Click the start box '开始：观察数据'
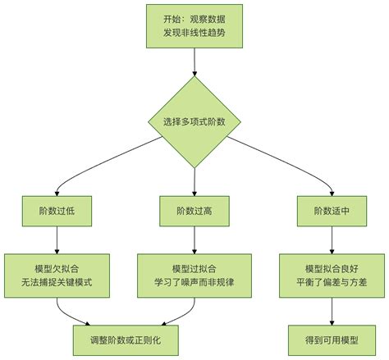(x=194, y=25)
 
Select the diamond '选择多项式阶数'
(x=194, y=121)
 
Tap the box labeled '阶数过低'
(x=57, y=211)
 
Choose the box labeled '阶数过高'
(x=194, y=211)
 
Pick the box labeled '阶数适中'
(x=332, y=211)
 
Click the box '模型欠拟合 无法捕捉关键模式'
(x=57, y=275)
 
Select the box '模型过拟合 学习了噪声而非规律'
(x=194, y=275)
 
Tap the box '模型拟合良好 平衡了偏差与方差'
(x=332, y=275)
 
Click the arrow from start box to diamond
(x=194, y=62)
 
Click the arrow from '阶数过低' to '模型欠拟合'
(x=57, y=239)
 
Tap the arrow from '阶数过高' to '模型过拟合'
(x=194, y=239)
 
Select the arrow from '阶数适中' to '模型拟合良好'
(x=332, y=239)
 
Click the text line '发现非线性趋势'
(x=194, y=34)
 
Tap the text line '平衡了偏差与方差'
(x=332, y=283)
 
